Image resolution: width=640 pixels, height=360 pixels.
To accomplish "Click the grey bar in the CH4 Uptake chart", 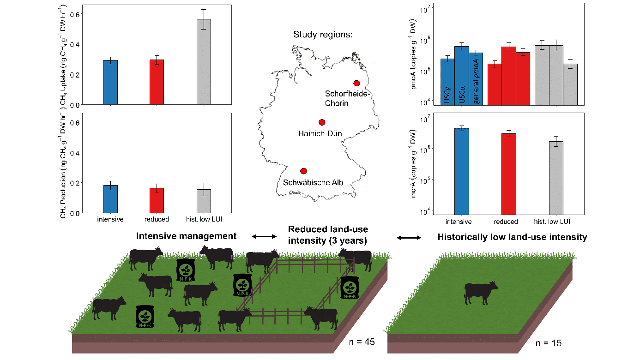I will [204, 62].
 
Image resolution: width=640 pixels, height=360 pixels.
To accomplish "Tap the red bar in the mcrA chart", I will [508, 174].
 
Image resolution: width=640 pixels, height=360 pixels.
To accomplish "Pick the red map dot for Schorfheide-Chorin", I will [356, 83].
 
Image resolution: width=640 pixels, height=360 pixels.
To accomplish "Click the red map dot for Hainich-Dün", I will [322, 122].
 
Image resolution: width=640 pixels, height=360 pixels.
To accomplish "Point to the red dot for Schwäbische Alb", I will [303, 171].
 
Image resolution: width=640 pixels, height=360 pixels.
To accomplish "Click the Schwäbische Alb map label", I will [313, 182].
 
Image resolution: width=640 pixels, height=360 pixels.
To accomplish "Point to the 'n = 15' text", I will [548, 343].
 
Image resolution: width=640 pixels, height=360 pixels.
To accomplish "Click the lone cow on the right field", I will [480, 292].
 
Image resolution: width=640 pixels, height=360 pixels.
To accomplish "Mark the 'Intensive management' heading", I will [186, 236].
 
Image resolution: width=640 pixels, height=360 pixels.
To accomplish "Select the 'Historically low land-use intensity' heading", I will [512, 237].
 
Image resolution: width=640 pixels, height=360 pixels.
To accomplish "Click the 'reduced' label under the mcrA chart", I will [508, 222].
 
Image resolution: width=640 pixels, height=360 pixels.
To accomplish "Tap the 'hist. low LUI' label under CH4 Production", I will [204, 219].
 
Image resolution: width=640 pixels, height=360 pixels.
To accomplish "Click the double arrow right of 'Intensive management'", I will [264, 237].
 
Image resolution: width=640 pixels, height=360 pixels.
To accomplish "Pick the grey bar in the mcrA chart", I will [556, 177].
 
